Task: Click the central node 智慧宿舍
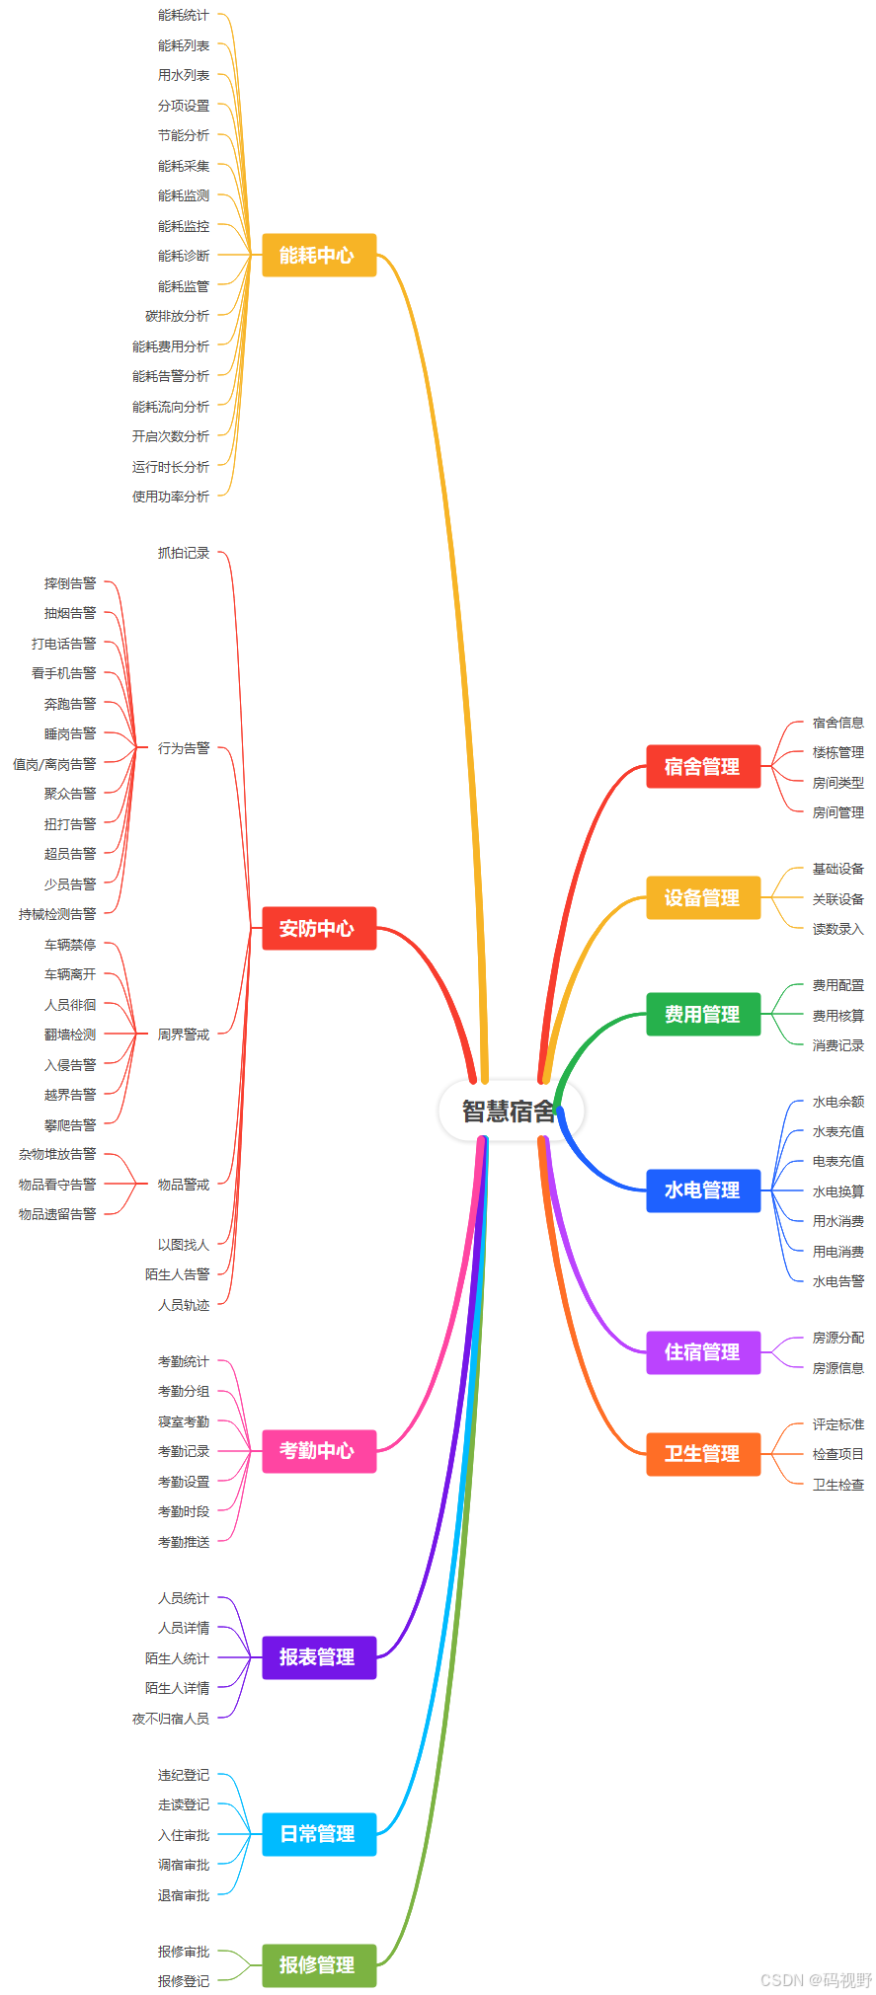[x=510, y=1111]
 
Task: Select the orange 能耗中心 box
[x=319, y=255]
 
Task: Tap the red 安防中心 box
[x=319, y=928]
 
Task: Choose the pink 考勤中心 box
[x=319, y=1450]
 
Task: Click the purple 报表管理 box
[x=319, y=1657]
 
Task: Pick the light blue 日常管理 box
[x=319, y=1834]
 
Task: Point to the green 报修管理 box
[x=319, y=1965]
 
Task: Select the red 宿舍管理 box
[x=703, y=766]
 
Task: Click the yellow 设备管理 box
[x=703, y=897]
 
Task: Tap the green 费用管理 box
[x=703, y=1014]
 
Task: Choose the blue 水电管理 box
[x=703, y=1189]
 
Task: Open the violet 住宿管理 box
[x=703, y=1351]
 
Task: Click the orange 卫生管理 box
[x=703, y=1453]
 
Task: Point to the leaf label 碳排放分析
[x=178, y=316]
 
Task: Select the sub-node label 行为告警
[x=184, y=748]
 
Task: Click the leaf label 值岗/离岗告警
[x=55, y=764]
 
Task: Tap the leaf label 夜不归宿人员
[x=171, y=1719]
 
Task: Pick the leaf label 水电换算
[x=837, y=1191]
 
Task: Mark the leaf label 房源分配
[x=837, y=1338]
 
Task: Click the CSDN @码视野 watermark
[x=816, y=1980]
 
